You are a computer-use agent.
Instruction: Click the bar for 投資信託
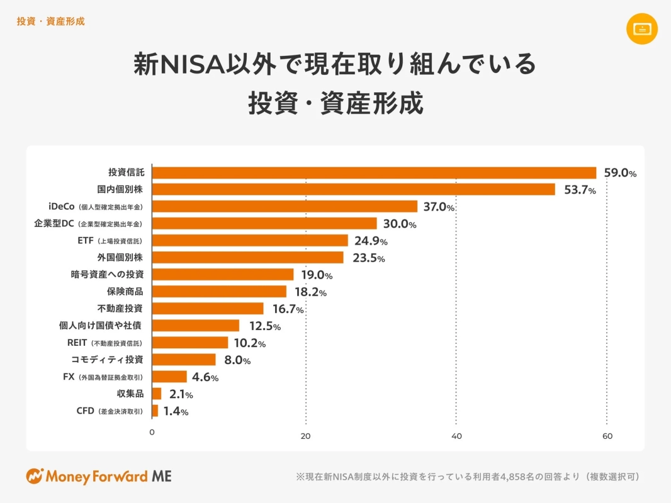point(374,173)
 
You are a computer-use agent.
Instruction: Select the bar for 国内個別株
point(353,189)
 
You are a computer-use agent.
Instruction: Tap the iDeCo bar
point(285,206)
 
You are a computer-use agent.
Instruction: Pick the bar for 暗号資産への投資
point(223,274)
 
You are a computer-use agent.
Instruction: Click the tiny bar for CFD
point(155,411)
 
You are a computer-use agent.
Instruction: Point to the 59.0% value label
point(619,173)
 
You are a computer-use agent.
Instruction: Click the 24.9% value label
point(369,241)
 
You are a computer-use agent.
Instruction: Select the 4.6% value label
point(205,377)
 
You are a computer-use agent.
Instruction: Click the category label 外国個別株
point(120,257)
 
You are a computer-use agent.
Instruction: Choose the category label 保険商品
point(125,291)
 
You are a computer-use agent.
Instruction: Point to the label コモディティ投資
point(107,360)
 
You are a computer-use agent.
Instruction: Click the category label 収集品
point(130,394)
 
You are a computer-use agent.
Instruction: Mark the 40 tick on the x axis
point(457,436)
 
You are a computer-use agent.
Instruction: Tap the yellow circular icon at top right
point(642,28)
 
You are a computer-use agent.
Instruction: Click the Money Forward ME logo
point(99,476)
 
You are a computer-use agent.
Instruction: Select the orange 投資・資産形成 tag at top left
point(50,21)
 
